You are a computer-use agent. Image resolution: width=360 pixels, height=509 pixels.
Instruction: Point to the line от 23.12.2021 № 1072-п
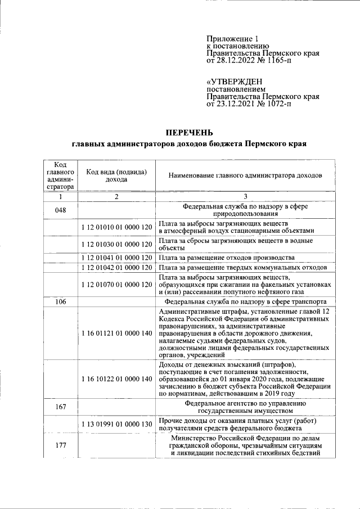249,103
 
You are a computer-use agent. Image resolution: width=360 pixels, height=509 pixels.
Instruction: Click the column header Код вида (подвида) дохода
116,175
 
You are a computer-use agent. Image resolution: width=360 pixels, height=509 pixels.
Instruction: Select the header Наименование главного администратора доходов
245,175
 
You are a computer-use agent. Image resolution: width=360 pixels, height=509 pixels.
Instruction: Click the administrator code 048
61,210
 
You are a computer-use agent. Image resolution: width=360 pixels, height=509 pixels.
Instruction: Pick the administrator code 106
61,302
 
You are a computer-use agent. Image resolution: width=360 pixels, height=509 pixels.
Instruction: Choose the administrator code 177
61,445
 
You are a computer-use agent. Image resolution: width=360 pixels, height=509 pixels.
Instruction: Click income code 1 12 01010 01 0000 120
116,227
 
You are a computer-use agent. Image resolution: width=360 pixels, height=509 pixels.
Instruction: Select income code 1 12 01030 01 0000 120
116,244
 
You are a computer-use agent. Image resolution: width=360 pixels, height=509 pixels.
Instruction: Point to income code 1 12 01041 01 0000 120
116,258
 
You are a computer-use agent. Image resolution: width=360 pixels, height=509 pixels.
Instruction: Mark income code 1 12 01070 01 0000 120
116,285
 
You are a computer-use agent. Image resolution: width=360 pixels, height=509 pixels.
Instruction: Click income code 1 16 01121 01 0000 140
116,333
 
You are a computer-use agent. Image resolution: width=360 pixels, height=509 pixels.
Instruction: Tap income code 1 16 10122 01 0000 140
116,379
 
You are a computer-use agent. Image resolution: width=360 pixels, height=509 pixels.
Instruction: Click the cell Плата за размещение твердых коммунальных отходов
242,267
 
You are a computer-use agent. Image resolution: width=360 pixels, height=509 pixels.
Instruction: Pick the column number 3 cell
245,196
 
